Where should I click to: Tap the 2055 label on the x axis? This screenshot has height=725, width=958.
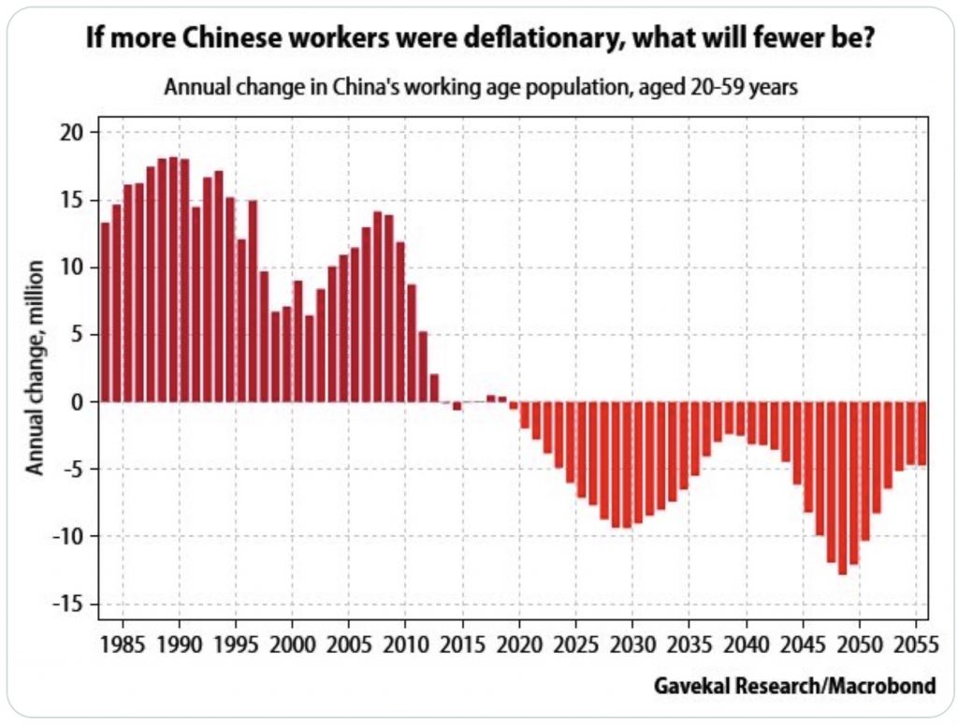(914, 647)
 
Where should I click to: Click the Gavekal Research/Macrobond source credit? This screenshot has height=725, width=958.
(794, 687)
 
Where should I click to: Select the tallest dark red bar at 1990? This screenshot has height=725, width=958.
(173, 280)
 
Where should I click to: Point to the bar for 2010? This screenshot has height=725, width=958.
(400, 322)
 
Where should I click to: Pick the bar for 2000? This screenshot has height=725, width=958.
(298, 341)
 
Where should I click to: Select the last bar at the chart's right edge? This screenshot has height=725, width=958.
(922, 433)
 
